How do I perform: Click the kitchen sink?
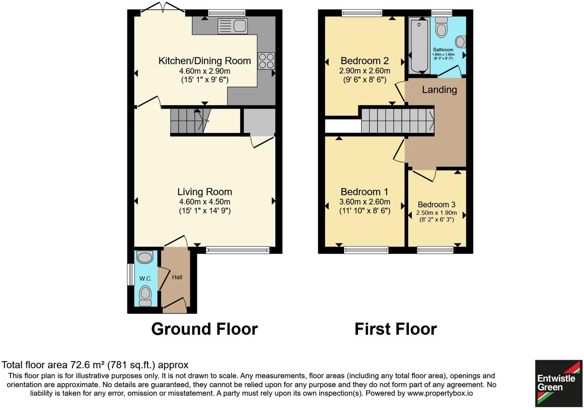click(233, 26)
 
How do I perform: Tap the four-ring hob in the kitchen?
click(266, 61)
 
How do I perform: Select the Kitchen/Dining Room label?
click(204, 61)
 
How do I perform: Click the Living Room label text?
click(204, 192)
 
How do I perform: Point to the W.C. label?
click(145, 279)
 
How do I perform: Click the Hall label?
click(177, 277)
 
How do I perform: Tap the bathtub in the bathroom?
click(419, 45)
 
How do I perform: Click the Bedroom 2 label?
click(364, 61)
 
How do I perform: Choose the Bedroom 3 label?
click(437, 205)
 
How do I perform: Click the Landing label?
click(439, 90)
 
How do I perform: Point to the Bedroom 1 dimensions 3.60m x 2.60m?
click(364, 202)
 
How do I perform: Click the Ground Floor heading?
click(204, 329)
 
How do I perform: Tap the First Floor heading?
click(396, 329)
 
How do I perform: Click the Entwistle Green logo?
click(558, 383)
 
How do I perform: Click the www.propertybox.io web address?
click(440, 393)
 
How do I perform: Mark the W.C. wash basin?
click(144, 257)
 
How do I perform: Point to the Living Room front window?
click(237, 250)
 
